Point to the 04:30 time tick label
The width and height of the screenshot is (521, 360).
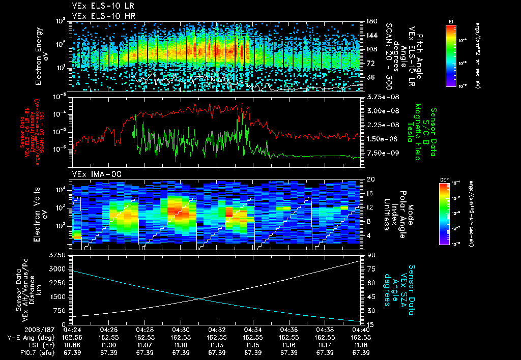point(181,330)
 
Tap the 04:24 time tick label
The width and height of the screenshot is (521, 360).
point(73,330)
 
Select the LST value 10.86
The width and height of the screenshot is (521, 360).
point(73,345)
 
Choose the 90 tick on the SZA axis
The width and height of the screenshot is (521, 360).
point(369,254)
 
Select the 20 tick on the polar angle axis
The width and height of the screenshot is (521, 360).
point(369,179)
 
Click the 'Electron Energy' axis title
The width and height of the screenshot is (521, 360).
point(39,56)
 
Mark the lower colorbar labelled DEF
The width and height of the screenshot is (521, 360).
point(444,213)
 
